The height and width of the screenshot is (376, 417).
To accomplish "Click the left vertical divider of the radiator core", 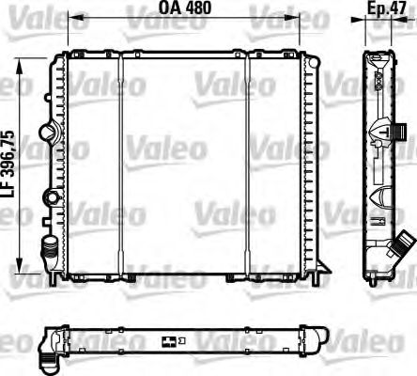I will (121, 164).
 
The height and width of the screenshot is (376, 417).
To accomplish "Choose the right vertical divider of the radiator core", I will (248, 164).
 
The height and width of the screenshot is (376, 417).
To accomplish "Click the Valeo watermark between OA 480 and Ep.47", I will (281, 13).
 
